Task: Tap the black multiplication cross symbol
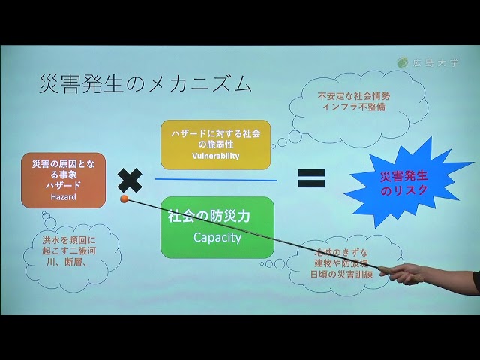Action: (130, 180)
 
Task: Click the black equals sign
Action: (311, 178)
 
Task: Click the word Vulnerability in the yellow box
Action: (214, 156)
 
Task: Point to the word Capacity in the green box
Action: (217, 238)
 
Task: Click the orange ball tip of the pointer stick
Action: (124, 199)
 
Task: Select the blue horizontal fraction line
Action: (216, 180)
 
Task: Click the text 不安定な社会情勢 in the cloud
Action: (353, 96)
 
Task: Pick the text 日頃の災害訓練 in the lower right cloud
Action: (341, 274)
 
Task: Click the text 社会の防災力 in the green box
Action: (208, 216)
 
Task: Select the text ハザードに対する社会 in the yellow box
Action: (215, 133)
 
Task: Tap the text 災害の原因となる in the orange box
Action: (64, 164)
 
